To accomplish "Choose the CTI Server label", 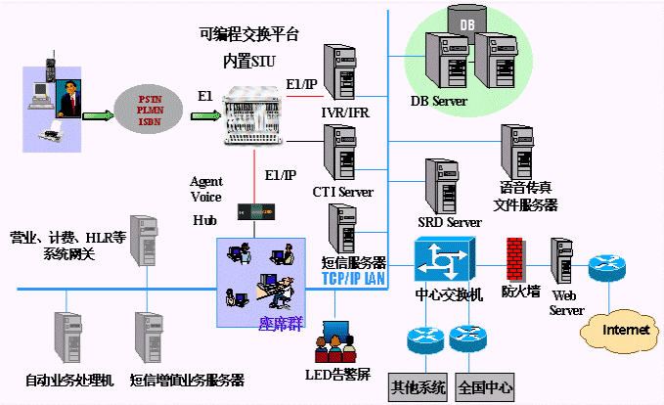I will click(342, 192).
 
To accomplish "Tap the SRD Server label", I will click(450, 223).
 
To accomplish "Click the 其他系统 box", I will click(418, 387).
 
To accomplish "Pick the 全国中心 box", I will click(485, 387).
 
